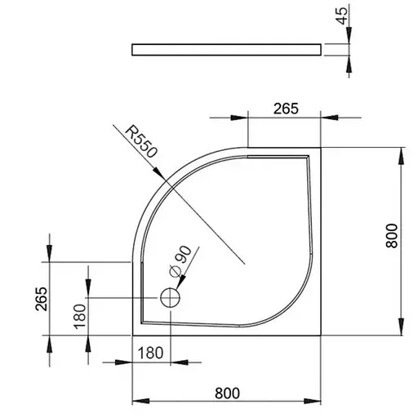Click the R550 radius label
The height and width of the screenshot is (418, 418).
tap(141, 141)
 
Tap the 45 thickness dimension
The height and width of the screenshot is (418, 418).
tap(342, 16)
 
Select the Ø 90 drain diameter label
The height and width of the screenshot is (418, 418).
tap(180, 261)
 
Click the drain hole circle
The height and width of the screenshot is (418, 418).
tap(171, 298)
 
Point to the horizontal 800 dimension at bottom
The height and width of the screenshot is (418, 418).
tap(227, 393)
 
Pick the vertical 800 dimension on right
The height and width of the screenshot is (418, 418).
tap(392, 236)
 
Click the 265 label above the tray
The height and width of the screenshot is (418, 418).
tap(286, 109)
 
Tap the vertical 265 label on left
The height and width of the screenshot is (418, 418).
tap(42, 299)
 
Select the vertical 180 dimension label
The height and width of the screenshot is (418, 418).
tap(80, 317)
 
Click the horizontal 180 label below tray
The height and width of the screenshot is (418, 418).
tap(150, 353)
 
